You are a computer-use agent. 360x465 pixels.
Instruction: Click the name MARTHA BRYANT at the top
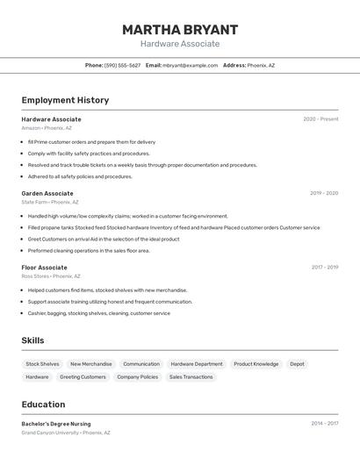coord(180,30)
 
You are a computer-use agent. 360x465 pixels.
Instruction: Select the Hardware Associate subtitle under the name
coord(180,44)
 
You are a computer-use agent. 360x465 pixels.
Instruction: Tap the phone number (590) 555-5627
coord(122,65)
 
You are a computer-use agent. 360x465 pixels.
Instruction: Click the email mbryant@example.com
coord(190,65)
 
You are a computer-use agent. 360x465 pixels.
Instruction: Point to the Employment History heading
coord(65,100)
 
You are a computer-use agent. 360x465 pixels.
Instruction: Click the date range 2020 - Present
coord(320,119)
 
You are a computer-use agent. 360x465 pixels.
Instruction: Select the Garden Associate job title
coord(47,193)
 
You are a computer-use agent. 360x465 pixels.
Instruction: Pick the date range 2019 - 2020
coord(324,193)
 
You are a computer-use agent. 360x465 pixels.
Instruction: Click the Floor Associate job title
coord(44,268)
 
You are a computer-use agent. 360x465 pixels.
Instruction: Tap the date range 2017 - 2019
coord(325,268)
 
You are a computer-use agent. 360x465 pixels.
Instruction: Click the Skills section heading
coord(32,340)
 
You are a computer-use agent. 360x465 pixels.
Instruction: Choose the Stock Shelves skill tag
coord(42,364)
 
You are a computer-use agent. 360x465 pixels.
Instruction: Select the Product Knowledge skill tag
coord(256,364)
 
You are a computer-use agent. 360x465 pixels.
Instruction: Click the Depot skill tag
coord(297,364)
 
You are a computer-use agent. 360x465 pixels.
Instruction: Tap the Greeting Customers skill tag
coord(83,377)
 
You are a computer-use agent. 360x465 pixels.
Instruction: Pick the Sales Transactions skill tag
coord(191,377)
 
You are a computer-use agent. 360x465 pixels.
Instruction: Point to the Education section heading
coord(43,404)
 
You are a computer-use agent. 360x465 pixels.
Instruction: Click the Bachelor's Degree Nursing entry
coord(56,424)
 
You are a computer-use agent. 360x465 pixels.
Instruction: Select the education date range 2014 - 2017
coord(325,424)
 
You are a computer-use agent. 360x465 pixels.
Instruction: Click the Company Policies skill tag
coord(138,377)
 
